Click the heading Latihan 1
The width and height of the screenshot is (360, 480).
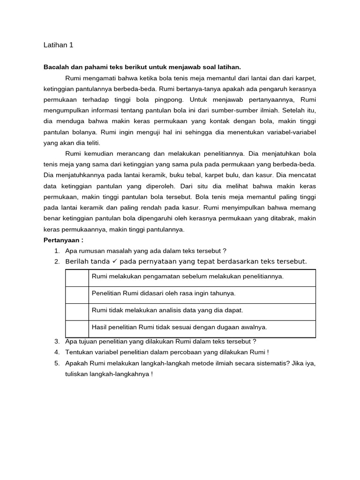[58, 45]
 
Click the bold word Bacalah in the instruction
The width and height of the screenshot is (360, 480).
[56, 67]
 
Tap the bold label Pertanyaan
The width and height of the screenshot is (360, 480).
[63, 240]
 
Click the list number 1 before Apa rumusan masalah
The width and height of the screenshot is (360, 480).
[57, 251]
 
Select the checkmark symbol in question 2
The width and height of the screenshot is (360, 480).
[114, 261]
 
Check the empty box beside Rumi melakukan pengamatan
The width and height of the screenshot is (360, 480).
[77, 278]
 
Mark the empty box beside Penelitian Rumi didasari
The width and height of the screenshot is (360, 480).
[77, 295]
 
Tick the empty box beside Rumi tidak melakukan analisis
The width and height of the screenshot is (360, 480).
[77, 312]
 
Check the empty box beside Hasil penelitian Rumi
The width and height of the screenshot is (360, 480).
[77, 329]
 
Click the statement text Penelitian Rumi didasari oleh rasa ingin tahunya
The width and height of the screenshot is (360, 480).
[164, 293]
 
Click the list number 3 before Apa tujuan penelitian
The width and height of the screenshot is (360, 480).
[57, 341]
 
